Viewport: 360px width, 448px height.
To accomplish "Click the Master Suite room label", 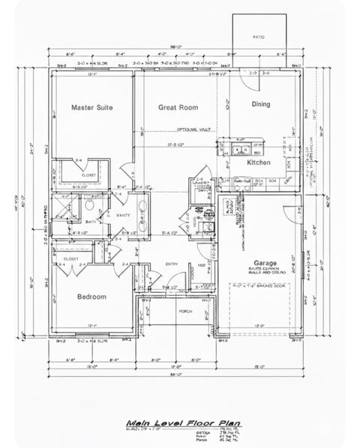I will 91,108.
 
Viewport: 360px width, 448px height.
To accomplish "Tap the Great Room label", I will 178,108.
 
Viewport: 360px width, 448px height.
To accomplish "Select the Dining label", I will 260,104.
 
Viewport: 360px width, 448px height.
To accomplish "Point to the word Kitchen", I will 259,162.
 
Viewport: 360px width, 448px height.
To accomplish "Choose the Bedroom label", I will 91,297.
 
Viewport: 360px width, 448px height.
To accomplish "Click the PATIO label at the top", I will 259,35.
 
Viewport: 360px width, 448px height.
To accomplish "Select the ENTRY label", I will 171,264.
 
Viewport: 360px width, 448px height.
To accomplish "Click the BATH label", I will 89,222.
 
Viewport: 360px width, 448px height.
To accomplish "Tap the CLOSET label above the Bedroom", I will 71,258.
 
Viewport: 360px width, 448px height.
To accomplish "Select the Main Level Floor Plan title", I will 172,422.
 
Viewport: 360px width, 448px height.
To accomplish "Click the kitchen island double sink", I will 239,148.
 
